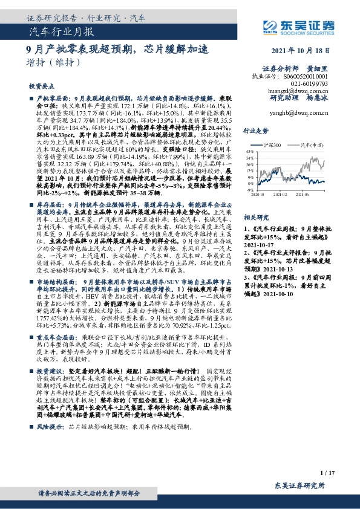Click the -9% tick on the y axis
[x=248, y=189]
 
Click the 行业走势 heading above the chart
[x=256, y=130]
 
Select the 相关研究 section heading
[x=256, y=216]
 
